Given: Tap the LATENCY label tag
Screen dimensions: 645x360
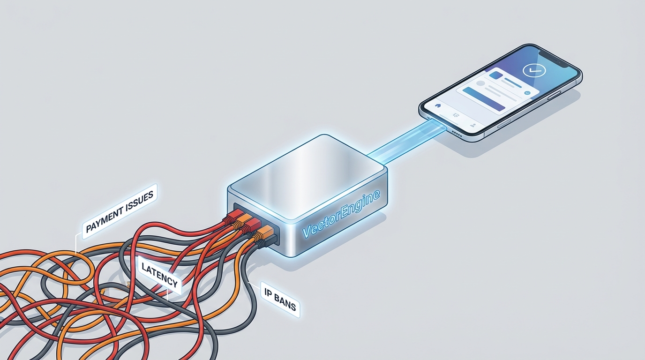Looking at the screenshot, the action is (159, 275).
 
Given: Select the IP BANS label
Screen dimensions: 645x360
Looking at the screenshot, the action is (279, 298).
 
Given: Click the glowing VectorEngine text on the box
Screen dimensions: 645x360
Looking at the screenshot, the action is (342, 215).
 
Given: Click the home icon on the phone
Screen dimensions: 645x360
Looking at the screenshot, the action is (439, 105).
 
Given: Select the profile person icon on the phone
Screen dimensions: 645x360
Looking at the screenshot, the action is (474, 125).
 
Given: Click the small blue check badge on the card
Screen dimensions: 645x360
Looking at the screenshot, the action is (528, 93).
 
